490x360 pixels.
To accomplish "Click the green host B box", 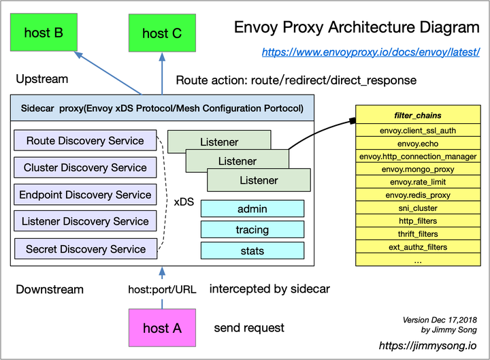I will [44, 32].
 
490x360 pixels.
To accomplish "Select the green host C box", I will [162, 33].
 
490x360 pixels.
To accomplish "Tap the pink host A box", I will [162, 328].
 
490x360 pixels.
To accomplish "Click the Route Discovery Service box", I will [85, 141].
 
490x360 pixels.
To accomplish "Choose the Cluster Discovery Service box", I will [85, 167].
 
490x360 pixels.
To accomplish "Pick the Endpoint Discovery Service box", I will [85, 195].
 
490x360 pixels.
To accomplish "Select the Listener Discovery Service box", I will [85, 221].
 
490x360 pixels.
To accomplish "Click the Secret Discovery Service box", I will [85, 249].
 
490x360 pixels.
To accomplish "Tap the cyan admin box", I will [252, 209].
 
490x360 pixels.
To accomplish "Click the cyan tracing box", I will [252, 230].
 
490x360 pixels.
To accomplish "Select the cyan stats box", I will [252, 251].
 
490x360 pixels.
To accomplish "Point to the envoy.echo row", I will [418, 143].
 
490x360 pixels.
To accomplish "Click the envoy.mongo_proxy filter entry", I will [418, 169].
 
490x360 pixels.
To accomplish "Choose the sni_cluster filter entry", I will [418, 208].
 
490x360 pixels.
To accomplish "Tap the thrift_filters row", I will [418, 233].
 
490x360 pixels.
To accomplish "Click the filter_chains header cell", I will [418, 116].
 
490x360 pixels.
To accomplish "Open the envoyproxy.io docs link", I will [371, 52].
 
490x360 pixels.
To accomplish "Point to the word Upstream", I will [42, 79].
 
